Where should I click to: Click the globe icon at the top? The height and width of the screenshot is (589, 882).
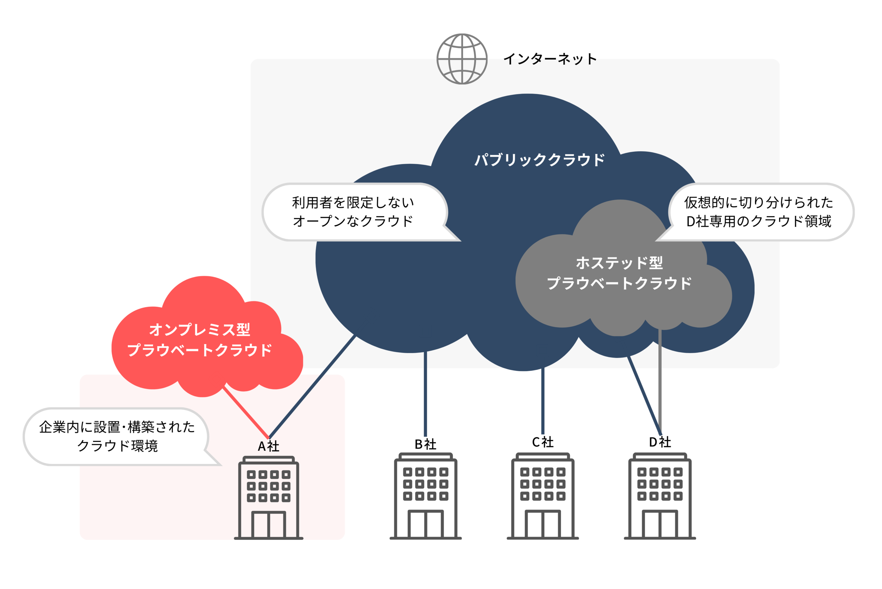tap(462, 59)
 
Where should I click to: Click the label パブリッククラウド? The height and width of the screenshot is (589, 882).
tap(539, 160)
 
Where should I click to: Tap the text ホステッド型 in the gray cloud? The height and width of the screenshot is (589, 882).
tap(619, 263)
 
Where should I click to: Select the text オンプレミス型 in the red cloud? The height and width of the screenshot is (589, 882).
tap(199, 330)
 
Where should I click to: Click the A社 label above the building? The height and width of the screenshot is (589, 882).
tap(268, 446)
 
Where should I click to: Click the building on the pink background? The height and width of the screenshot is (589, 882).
tap(269, 498)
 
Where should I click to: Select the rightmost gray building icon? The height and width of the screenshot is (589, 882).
tap(660, 496)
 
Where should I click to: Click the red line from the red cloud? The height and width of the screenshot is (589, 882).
tap(246, 413)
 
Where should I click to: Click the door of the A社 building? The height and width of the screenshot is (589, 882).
tap(269, 524)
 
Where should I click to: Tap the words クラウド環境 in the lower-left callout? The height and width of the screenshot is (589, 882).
tap(117, 446)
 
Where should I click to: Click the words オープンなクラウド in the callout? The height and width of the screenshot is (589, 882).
tap(353, 221)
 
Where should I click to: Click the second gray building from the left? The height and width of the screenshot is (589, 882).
tap(543, 496)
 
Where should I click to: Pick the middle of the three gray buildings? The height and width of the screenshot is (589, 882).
tap(543, 496)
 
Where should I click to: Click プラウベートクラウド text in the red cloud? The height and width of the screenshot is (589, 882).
tap(199, 350)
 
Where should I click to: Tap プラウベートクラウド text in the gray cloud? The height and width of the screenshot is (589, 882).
tap(619, 283)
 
